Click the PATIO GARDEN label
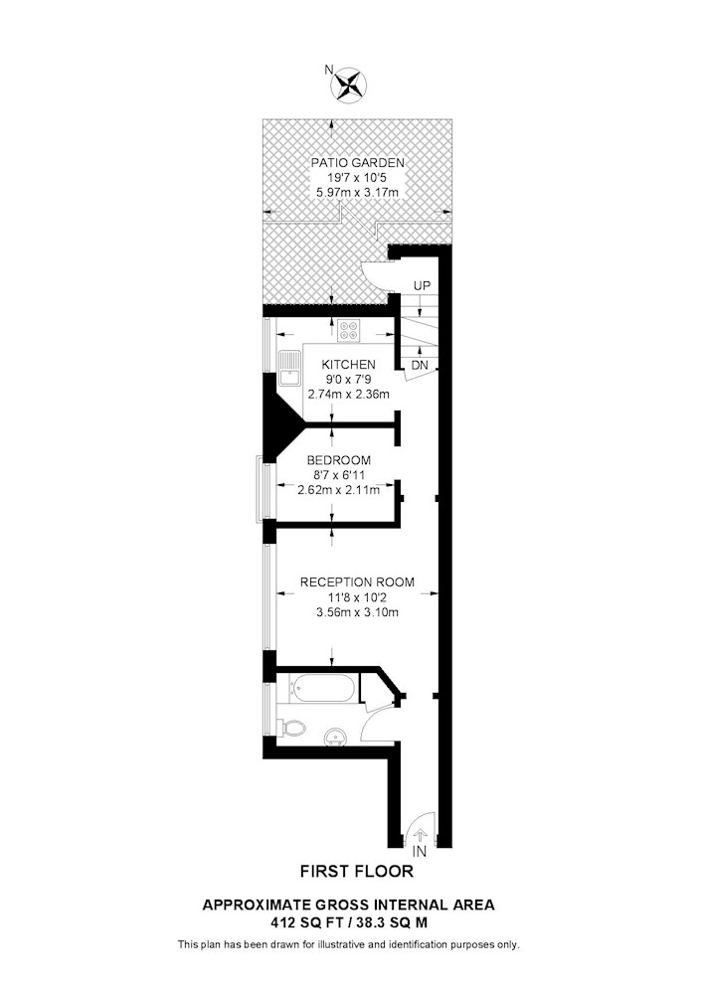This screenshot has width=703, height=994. (x=358, y=163)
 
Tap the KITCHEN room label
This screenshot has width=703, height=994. (x=349, y=365)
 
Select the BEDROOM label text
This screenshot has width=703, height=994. (x=339, y=460)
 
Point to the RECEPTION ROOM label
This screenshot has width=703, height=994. (x=358, y=581)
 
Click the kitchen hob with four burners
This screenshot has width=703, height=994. (x=349, y=330)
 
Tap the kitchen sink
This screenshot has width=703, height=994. (x=289, y=368)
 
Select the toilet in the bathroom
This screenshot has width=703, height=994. (x=291, y=729)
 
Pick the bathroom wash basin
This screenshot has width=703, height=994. (x=335, y=738)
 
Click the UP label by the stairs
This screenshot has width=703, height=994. (x=422, y=286)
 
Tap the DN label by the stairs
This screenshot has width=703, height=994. (x=420, y=366)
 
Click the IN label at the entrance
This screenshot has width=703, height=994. (x=420, y=853)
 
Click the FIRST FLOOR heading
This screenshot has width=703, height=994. (x=357, y=872)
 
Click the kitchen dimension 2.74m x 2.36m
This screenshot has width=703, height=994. (x=349, y=395)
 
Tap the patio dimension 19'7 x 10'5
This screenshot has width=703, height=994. (x=358, y=178)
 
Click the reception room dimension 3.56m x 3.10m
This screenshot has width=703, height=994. (x=358, y=612)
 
